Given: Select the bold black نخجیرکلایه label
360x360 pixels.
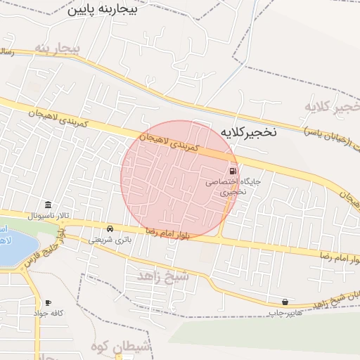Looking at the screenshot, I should coord(249,131).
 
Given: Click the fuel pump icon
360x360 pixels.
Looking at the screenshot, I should coord(231,171).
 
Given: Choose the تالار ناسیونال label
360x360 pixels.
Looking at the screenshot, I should coord(33,214).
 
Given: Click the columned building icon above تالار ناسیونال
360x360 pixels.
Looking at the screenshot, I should coord(48,203).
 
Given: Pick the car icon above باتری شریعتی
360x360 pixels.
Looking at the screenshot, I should coord(110,229).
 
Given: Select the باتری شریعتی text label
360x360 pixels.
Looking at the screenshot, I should coord(110,240).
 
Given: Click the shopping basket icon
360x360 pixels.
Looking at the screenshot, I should coord(285,301).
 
